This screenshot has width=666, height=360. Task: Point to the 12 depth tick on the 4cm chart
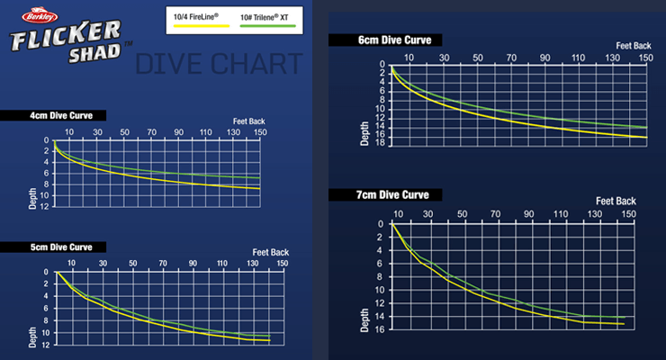point(44,206)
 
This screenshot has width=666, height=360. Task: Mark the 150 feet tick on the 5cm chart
point(283,264)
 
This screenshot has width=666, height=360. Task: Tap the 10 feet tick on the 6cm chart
point(408,58)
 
